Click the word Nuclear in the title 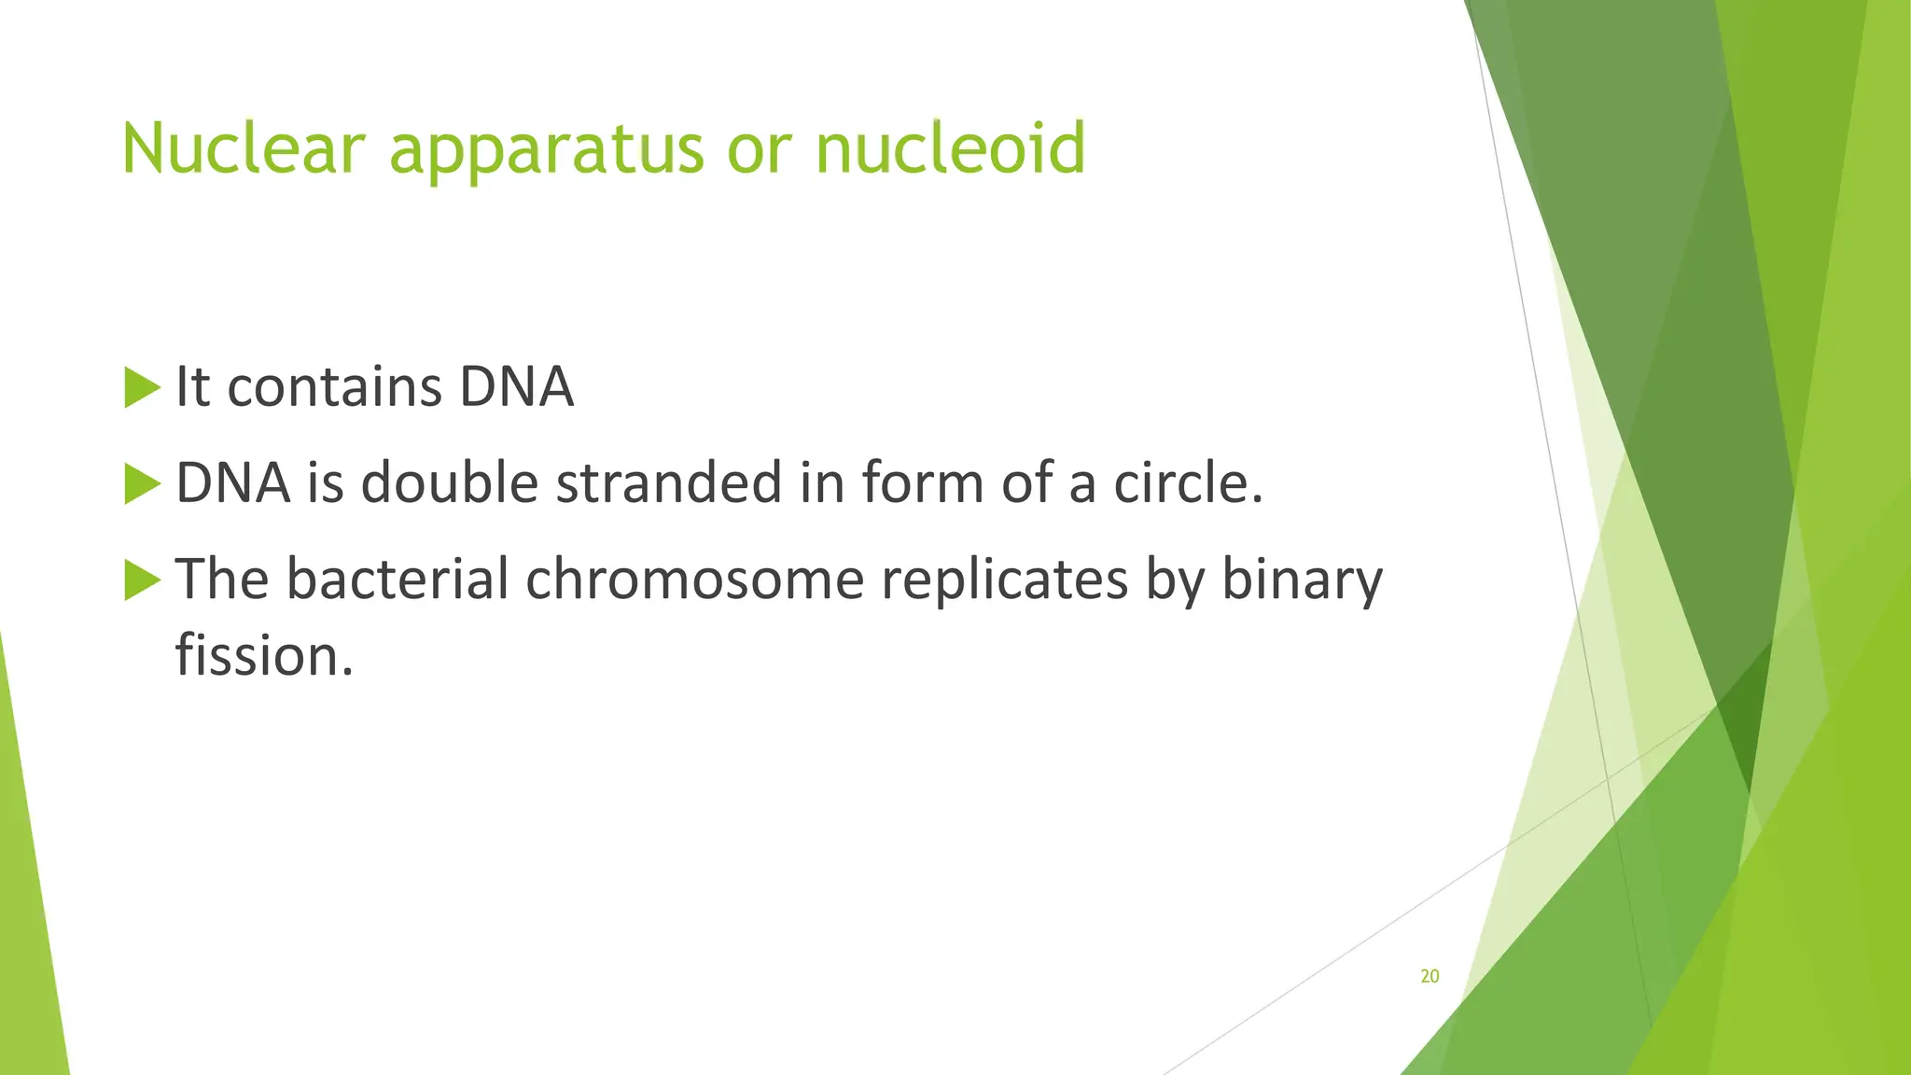coord(243,148)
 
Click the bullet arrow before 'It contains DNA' coord(142,387)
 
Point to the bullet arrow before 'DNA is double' coord(142,483)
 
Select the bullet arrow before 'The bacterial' coord(142,579)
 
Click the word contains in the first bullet coord(334,387)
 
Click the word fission coord(263,656)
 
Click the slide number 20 coord(1430,976)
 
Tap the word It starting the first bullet coord(192,387)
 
